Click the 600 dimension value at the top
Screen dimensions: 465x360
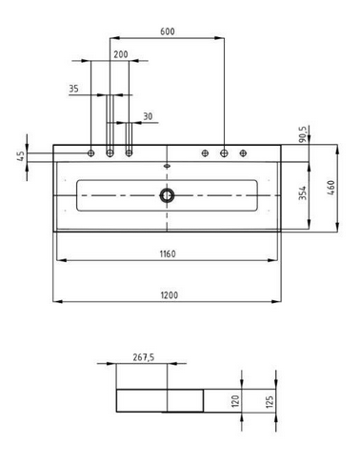point(167,32)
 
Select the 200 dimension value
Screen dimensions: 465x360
point(119,54)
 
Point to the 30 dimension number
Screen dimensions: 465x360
point(147,116)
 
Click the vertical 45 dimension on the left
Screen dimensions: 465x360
point(21,156)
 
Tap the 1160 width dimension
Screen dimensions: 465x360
point(168,253)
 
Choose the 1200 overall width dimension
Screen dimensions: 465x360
point(168,294)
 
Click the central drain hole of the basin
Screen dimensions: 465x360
point(168,194)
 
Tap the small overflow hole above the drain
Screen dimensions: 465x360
point(168,164)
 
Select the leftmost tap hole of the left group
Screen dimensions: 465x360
point(91,152)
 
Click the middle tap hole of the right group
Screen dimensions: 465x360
point(225,152)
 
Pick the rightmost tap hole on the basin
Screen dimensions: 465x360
point(244,152)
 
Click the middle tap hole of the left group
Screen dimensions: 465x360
point(110,152)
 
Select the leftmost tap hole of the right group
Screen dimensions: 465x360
point(206,152)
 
